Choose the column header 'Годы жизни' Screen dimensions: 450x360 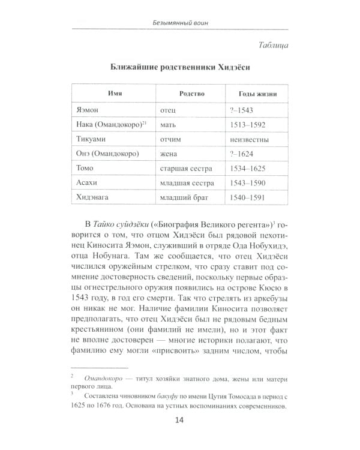[x=252, y=94]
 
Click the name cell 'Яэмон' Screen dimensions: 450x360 [x=90, y=110]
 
